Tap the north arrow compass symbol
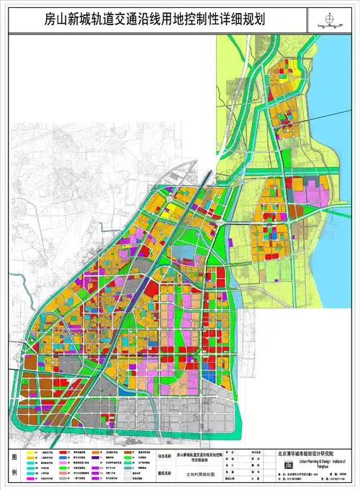pyautogui.click(x=330, y=19)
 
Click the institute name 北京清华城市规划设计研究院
pyautogui.click(x=317, y=454)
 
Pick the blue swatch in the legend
pyautogui.click(x=29, y=472)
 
